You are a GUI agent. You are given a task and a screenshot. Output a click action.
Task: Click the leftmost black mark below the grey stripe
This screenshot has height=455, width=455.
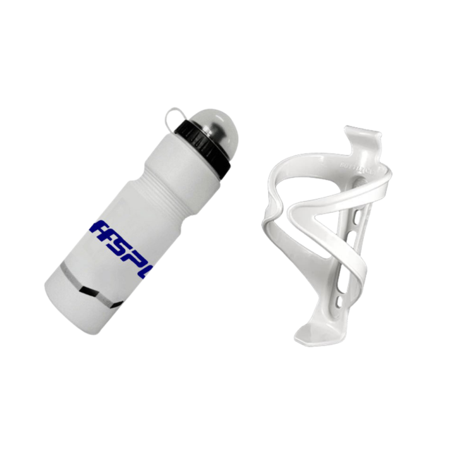(x=84, y=291)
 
